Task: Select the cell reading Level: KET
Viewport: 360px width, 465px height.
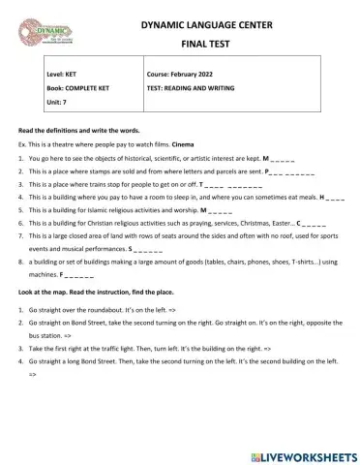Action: coord(67,74)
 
